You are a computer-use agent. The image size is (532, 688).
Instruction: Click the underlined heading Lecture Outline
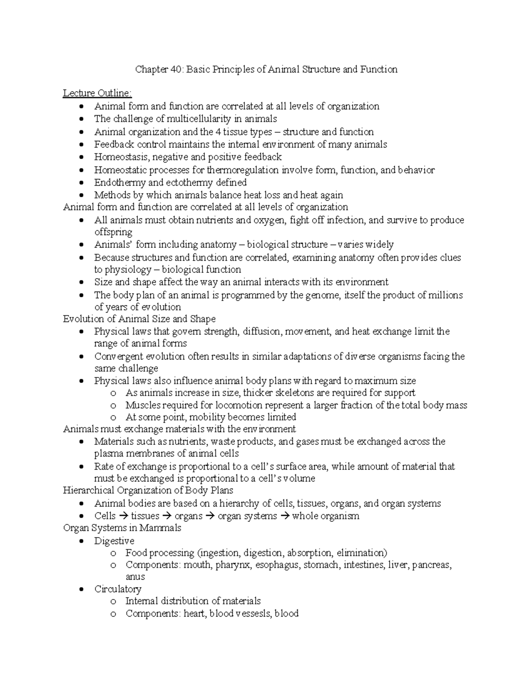(x=97, y=93)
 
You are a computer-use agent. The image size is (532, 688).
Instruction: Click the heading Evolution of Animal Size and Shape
(x=139, y=319)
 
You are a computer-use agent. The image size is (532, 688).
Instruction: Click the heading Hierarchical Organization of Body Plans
(x=148, y=490)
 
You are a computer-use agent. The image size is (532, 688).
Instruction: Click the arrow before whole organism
(x=285, y=516)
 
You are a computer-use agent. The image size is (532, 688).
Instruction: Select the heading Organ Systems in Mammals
(x=122, y=528)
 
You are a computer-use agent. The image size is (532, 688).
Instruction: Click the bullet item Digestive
(x=114, y=541)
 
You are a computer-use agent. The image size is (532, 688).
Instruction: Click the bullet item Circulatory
(x=117, y=589)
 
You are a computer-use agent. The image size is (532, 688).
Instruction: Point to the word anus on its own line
(x=135, y=577)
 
